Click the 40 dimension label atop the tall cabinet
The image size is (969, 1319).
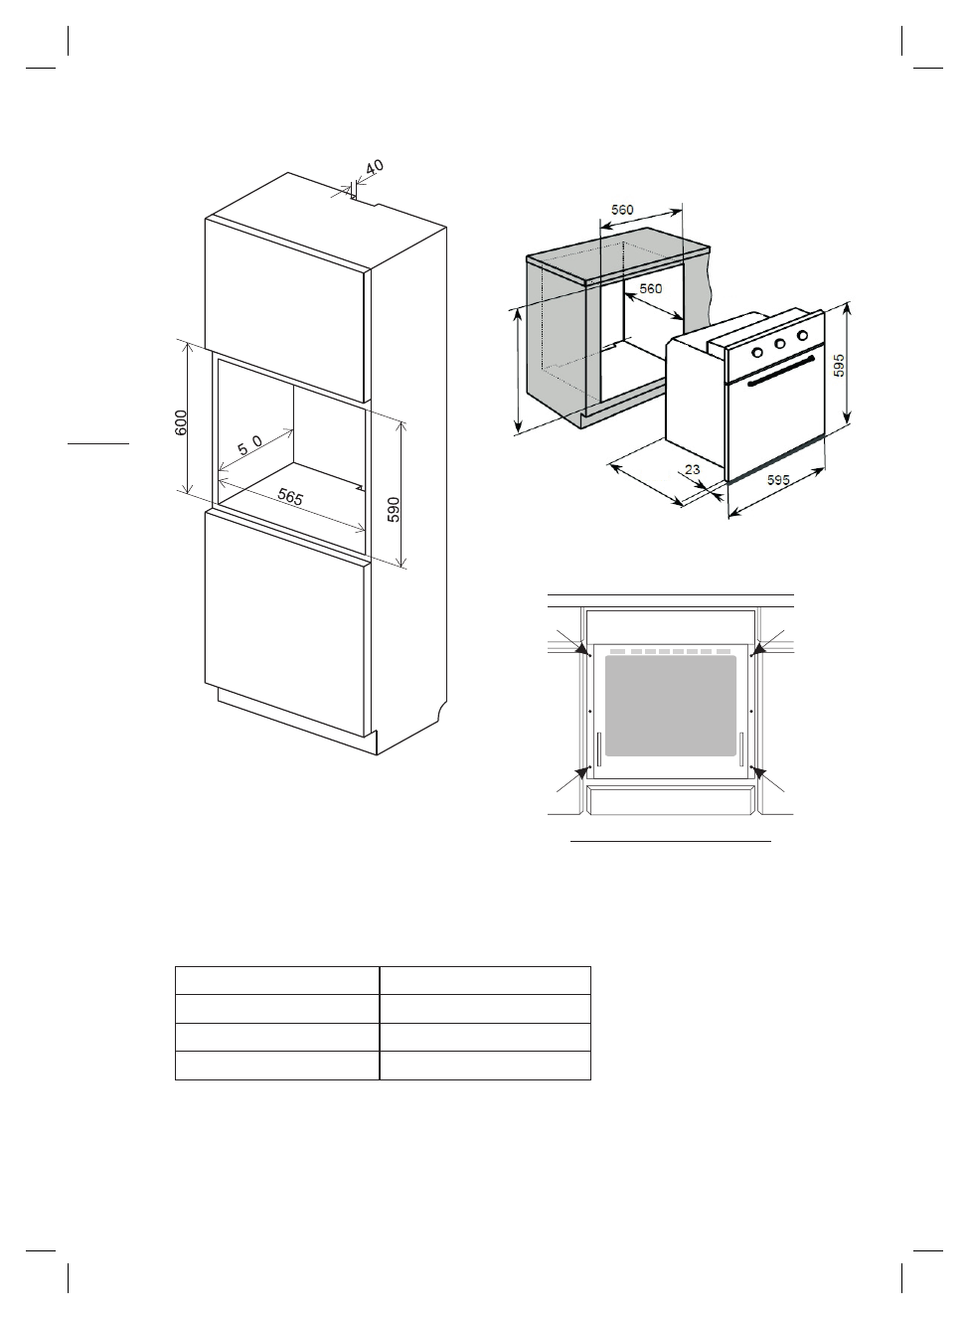(374, 168)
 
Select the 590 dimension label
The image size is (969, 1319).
(394, 509)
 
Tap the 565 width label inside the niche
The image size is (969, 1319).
(290, 497)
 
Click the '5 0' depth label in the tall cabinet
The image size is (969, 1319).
(249, 442)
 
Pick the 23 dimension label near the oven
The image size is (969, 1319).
(694, 469)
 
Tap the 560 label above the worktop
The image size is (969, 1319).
(622, 210)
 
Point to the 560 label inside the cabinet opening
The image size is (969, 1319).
(650, 288)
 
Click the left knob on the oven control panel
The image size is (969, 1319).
(757, 352)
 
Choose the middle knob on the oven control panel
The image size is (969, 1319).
(779, 344)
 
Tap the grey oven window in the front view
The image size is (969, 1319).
(671, 705)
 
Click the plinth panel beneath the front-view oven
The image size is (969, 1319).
(671, 799)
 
